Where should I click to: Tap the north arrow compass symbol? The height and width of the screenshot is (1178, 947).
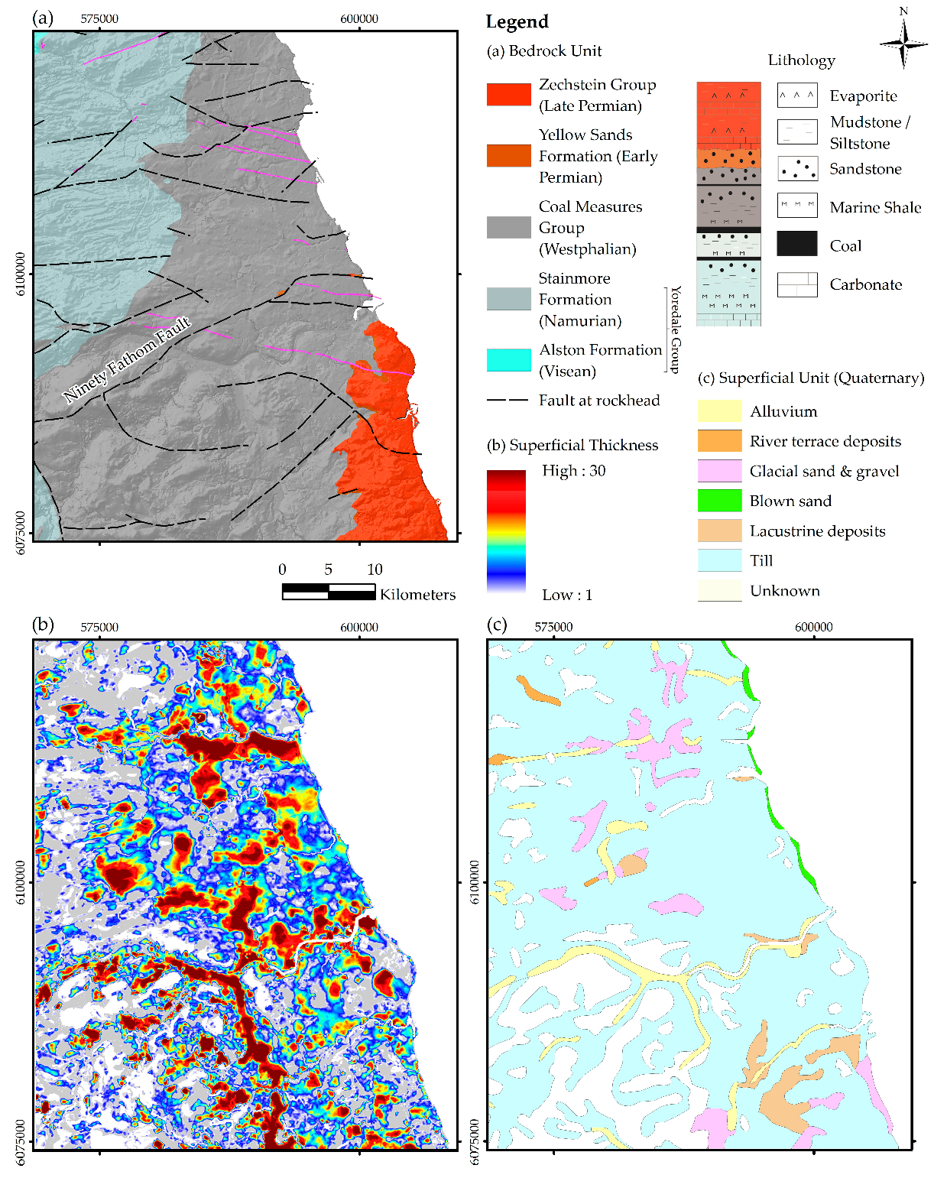pyautogui.click(x=903, y=43)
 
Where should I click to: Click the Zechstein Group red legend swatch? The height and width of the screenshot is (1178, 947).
pyautogui.click(x=508, y=95)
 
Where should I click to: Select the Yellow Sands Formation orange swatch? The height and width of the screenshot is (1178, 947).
pyautogui.click(x=508, y=156)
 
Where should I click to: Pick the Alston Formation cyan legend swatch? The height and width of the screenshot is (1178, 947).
pyautogui.click(x=508, y=360)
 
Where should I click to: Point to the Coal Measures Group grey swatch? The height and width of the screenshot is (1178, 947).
pyautogui.click(x=508, y=227)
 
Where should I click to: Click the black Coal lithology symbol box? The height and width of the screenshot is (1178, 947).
pyautogui.click(x=797, y=244)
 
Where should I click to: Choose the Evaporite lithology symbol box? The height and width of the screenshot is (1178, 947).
pyautogui.click(x=797, y=96)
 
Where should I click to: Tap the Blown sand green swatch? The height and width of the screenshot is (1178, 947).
pyautogui.click(x=719, y=501)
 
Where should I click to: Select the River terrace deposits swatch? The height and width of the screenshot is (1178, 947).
pyautogui.click(x=719, y=441)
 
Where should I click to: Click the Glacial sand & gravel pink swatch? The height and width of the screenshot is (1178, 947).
pyautogui.click(x=719, y=471)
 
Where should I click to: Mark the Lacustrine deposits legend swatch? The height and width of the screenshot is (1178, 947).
pyautogui.click(x=719, y=531)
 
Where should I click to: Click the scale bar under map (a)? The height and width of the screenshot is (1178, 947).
pyautogui.click(x=329, y=591)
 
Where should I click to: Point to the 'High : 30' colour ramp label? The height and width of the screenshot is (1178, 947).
pyautogui.click(x=573, y=471)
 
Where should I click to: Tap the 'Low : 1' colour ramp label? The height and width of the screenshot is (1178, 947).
pyautogui.click(x=567, y=595)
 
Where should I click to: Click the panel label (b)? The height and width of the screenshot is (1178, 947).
pyautogui.click(x=43, y=625)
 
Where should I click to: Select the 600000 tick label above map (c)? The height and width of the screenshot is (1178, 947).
pyautogui.click(x=813, y=627)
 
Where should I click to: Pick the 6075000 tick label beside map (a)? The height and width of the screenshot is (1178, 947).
pyautogui.click(x=21, y=533)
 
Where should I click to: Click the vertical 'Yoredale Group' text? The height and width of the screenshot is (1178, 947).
pyautogui.click(x=675, y=329)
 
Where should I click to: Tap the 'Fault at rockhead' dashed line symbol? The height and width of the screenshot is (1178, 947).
pyautogui.click(x=508, y=401)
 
